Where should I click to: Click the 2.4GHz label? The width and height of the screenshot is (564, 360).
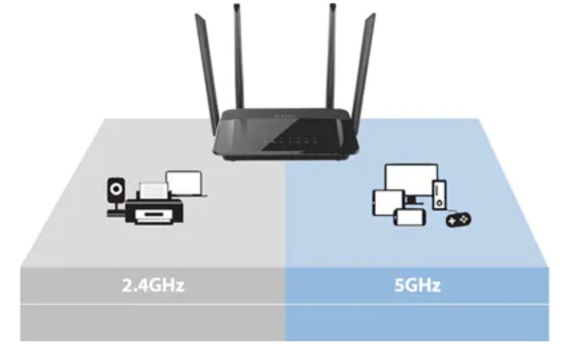153,285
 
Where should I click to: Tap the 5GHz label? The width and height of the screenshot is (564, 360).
417,285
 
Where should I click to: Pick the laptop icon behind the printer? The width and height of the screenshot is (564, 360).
186,184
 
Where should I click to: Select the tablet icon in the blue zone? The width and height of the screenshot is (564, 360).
387,201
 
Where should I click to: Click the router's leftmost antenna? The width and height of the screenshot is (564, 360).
208,68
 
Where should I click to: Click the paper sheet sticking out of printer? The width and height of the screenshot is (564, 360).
152,190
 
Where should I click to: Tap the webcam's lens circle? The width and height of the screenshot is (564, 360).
116,188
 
